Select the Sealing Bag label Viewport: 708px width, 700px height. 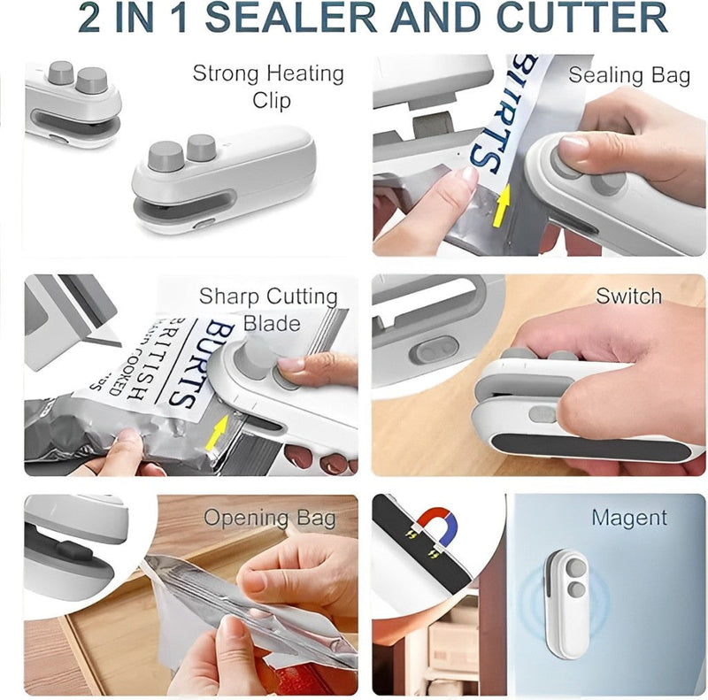click(x=628, y=75)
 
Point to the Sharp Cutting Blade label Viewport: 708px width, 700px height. click(x=267, y=308)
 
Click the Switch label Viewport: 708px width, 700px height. click(x=628, y=296)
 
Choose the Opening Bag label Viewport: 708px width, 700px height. click(x=270, y=518)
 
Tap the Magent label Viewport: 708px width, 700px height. click(x=629, y=517)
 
